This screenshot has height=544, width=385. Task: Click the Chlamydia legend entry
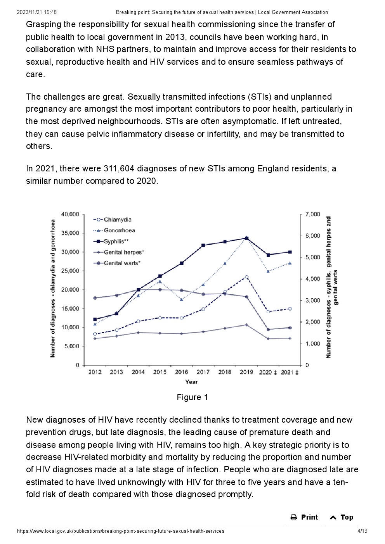click(112, 219)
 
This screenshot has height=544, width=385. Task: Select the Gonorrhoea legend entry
click(114, 230)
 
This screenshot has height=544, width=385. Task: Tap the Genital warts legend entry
click(117, 263)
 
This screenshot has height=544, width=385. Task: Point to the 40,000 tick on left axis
click(70, 214)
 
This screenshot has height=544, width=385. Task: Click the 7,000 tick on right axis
click(312, 214)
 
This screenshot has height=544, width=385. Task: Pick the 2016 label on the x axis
click(181, 372)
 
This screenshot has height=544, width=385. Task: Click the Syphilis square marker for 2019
click(246, 238)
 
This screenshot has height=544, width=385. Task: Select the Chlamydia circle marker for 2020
click(268, 312)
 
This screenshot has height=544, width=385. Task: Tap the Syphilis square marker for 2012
click(95, 319)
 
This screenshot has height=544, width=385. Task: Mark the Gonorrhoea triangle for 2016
click(182, 300)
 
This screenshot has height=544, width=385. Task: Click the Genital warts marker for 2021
click(290, 328)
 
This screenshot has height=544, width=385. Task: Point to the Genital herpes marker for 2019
click(246, 325)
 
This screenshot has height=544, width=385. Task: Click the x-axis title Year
click(191, 382)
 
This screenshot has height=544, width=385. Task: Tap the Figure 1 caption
click(192, 397)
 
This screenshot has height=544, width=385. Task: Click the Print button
click(304, 517)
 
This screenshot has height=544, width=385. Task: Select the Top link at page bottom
click(342, 517)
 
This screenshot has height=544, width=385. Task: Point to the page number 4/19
click(362, 531)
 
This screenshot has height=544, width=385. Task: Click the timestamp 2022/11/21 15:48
click(37, 12)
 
